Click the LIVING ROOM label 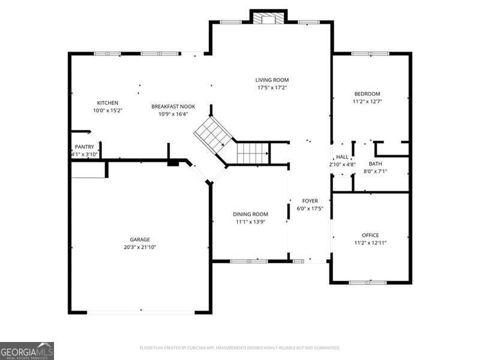point(272,80)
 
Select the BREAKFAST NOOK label point(173,106)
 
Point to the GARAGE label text point(140,239)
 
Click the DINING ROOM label point(250,214)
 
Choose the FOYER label point(310,201)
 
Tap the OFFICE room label point(370,235)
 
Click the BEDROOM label point(367,94)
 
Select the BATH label point(375,164)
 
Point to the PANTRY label point(84,147)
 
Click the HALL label point(342,157)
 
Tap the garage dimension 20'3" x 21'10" point(140,247)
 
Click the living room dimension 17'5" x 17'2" point(272,88)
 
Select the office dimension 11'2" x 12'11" point(370,243)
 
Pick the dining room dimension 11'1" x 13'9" point(250,222)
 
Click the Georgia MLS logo point(27,350)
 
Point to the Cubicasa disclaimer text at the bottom point(239,348)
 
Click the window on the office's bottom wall point(368,282)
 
